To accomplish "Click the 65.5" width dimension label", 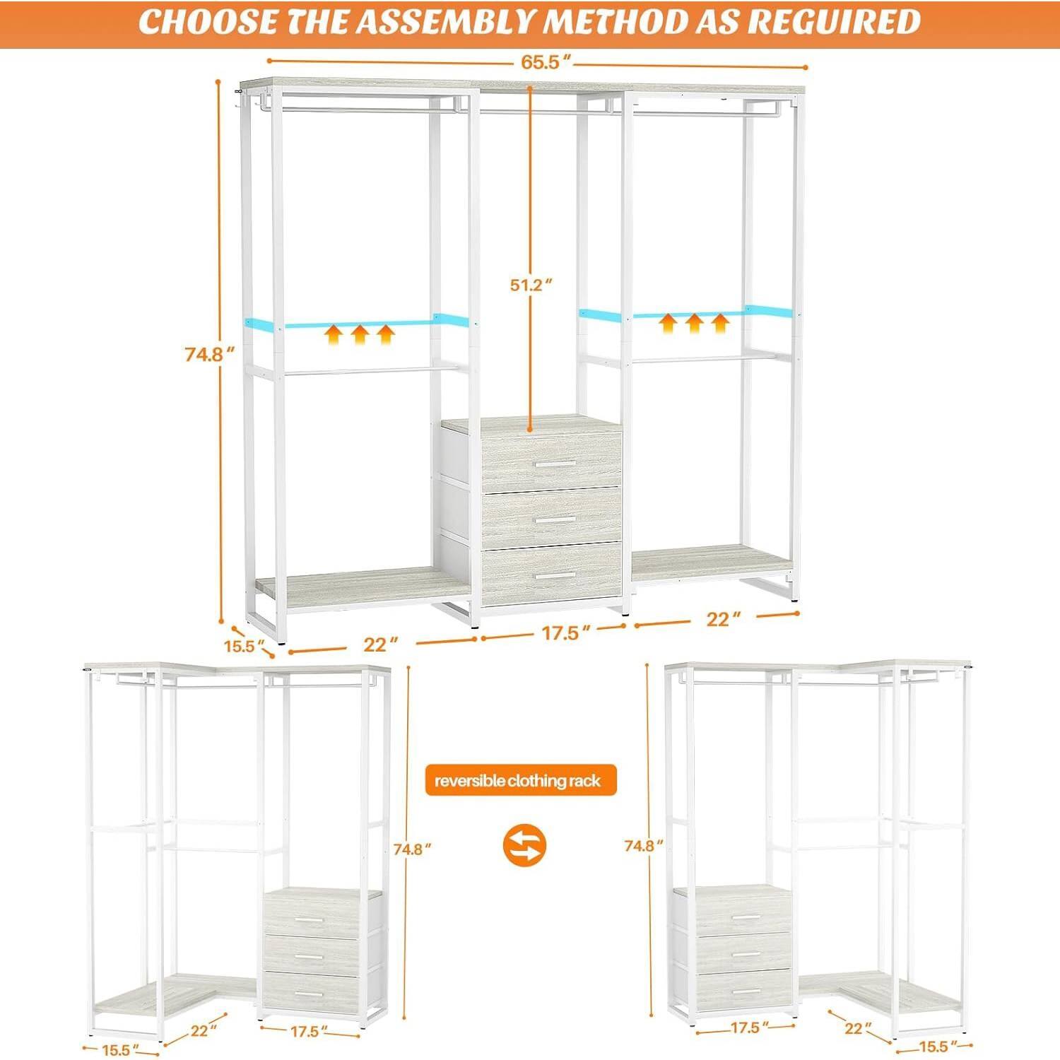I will (x=541, y=62).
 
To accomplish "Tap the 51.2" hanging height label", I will (x=531, y=285).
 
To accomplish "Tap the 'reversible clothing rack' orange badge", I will (x=520, y=781).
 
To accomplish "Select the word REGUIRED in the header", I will (x=833, y=22).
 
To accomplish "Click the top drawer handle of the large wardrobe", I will (x=555, y=464).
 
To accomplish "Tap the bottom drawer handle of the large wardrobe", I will (x=555, y=577).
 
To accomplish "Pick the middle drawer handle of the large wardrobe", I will (x=555, y=519).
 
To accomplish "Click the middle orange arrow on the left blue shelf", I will (x=360, y=333).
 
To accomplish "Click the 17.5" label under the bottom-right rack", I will (x=746, y=1027).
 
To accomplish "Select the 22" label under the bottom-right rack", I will (x=853, y=1028).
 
